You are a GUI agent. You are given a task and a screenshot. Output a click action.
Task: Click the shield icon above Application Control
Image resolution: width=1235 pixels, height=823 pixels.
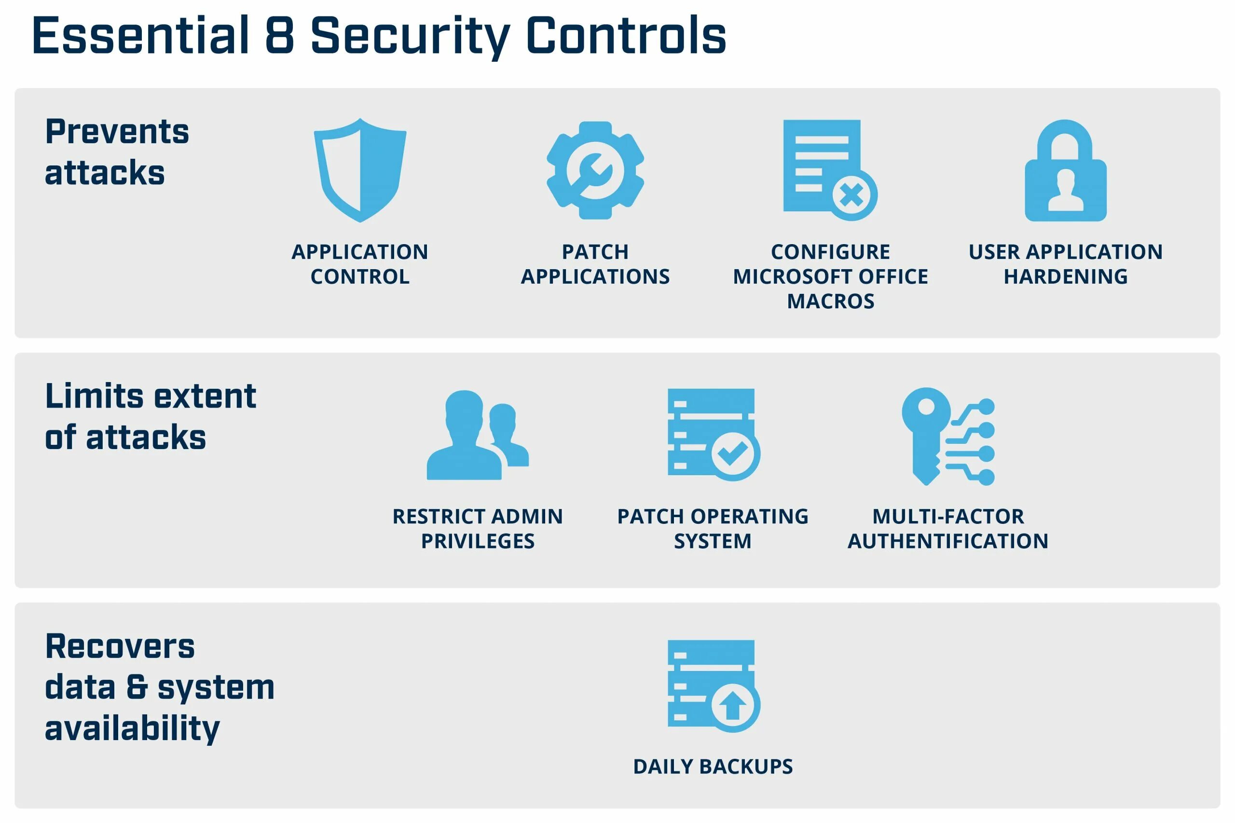click(x=360, y=170)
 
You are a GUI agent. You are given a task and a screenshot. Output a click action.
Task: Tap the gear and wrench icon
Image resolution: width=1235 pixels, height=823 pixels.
click(x=595, y=170)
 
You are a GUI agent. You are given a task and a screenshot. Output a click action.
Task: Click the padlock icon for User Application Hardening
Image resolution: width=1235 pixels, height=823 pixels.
click(x=1066, y=171)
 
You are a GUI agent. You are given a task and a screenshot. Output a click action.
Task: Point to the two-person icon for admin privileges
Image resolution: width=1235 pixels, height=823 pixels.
click(x=477, y=435)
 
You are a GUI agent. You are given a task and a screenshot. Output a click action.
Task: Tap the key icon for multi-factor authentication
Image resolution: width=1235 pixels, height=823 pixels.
click(x=927, y=436)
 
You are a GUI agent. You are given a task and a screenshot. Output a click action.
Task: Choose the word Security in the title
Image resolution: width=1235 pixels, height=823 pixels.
click(x=410, y=36)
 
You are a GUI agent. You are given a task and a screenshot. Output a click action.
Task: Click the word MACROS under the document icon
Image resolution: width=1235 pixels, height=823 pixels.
click(x=830, y=302)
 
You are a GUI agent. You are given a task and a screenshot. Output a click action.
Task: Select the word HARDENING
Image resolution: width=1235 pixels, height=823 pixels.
click(x=1066, y=276)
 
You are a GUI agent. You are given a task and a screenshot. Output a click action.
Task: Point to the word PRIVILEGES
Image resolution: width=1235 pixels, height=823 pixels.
click(x=478, y=541)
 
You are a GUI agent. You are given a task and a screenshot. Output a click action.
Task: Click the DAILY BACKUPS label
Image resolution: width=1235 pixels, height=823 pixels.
click(x=713, y=767)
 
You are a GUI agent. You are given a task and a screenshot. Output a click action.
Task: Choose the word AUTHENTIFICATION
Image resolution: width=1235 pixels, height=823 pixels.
click(x=948, y=541)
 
